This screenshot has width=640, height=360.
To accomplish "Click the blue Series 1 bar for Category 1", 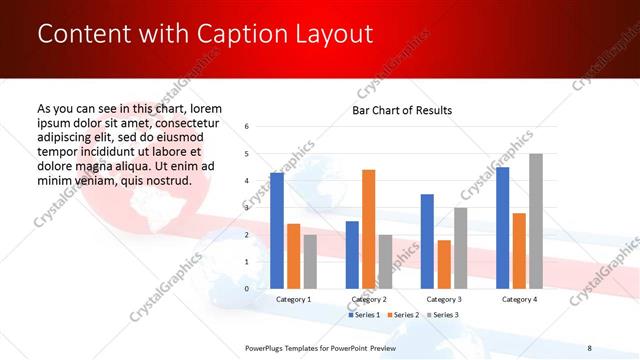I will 276,230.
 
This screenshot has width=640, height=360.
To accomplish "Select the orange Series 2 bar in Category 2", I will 368,229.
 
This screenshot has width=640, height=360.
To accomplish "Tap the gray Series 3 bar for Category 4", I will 536,221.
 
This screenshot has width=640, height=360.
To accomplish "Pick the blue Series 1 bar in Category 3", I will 427,241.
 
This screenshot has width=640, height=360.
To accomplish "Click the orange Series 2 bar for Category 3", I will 444,264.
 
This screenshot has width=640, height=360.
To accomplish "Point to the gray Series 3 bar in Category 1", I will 310,261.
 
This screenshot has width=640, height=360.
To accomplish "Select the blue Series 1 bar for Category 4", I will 502,227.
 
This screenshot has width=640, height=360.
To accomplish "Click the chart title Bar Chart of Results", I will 402,110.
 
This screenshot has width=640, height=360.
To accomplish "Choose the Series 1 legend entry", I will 366,315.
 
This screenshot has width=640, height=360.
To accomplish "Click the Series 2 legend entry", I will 402,315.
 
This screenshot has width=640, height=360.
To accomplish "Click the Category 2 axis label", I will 368,299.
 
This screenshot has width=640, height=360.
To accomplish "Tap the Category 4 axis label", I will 519,299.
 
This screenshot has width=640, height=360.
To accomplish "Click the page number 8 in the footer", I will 589,348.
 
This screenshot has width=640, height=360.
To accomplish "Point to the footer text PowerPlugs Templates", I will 285,348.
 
